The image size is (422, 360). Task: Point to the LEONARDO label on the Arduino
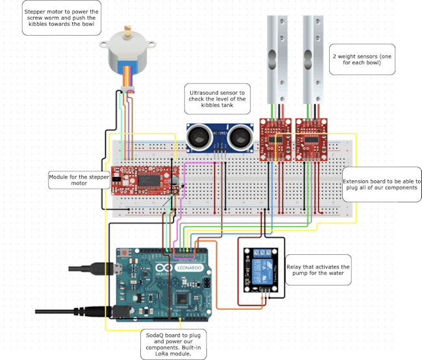(x=192, y=267)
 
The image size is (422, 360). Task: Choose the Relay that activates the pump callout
(x=318, y=272)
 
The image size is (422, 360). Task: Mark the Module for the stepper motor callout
(x=79, y=180)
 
